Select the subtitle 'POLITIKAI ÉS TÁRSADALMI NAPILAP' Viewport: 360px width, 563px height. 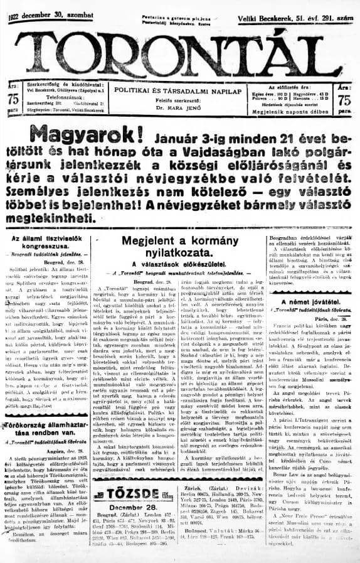[181, 91]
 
